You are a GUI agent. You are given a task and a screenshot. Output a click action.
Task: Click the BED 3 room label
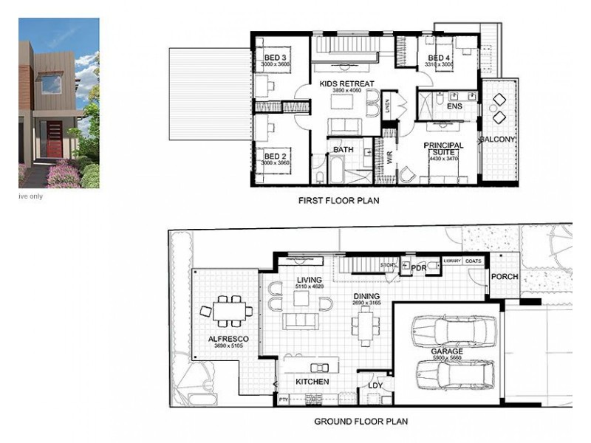275,58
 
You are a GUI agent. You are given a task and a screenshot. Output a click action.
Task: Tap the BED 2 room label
275,157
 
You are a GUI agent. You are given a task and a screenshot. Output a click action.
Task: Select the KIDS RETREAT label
347,84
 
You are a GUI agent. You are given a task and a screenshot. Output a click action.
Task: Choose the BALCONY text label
496,140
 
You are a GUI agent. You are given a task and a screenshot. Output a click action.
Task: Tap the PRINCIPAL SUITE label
443,149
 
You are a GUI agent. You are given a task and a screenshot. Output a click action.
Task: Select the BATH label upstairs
344,150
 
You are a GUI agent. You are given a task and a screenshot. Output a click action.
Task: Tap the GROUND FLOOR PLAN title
361,422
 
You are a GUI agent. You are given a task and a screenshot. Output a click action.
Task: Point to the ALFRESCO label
228,339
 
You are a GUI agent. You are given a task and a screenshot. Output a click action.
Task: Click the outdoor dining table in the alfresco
228,310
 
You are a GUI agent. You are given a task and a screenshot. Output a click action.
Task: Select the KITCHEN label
312,382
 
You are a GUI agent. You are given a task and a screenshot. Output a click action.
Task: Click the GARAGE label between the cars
448,351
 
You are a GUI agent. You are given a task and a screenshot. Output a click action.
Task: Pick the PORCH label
505,277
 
